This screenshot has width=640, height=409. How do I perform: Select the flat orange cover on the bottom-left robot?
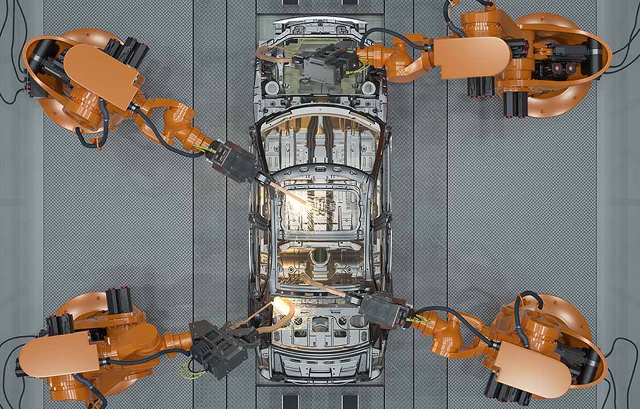[x=58, y=354]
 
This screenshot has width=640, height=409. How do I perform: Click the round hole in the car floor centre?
[x=319, y=256]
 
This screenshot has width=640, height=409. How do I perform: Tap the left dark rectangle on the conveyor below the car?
[x=290, y=401]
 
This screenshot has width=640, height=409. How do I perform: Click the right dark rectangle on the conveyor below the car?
[x=350, y=401]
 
